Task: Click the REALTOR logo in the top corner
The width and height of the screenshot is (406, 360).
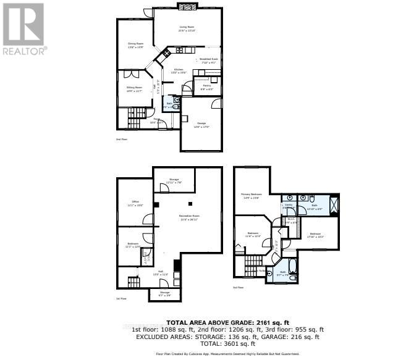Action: [x=23, y=28]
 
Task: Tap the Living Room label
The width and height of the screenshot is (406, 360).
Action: [x=187, y=28]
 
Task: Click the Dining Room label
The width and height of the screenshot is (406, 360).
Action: [x=135, y=44]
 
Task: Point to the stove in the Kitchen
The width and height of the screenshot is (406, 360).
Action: [x=167, y=54]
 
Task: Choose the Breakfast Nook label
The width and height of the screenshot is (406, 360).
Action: [x=208, y=60]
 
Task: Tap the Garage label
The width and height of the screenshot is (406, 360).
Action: [x=201, y=123]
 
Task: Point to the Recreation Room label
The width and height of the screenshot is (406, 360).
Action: [x=189, y=216]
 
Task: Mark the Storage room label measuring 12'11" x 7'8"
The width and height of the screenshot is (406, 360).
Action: [x=173, y=180]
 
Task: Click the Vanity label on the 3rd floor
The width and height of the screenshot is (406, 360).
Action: [x=288, y=205]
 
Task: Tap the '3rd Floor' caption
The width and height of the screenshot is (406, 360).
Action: [x=239, y=288]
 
